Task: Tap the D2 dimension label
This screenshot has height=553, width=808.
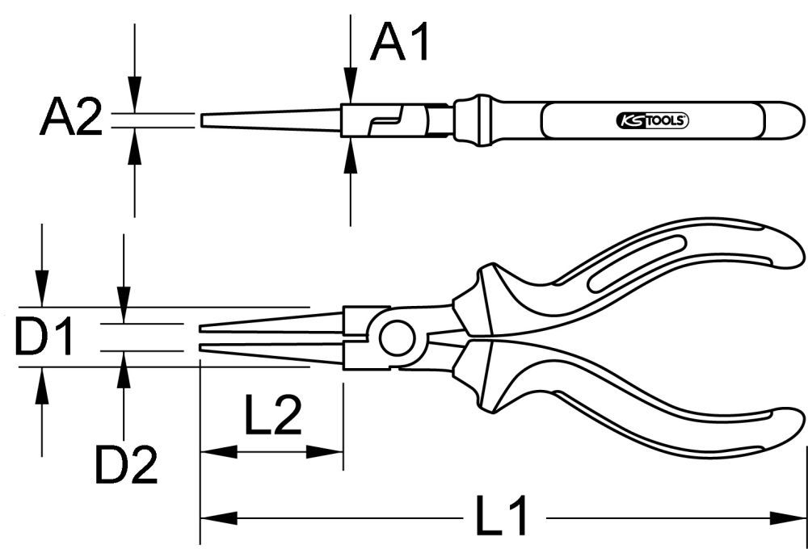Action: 126,464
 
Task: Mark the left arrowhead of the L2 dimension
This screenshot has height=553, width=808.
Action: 209,451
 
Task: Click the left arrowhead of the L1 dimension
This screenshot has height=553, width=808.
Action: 210,517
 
